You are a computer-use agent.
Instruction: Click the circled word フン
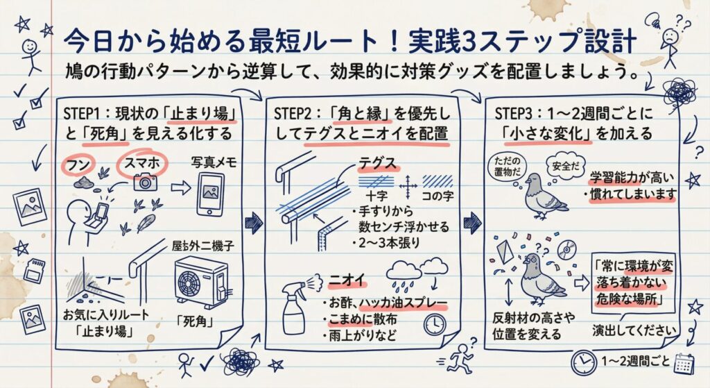point(76,165)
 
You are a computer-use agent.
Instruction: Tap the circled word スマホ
point(141,164)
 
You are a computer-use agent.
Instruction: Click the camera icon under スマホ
point(145,183)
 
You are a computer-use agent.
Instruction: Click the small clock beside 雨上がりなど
point(435,323)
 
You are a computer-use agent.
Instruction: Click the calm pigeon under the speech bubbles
point(544,197)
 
